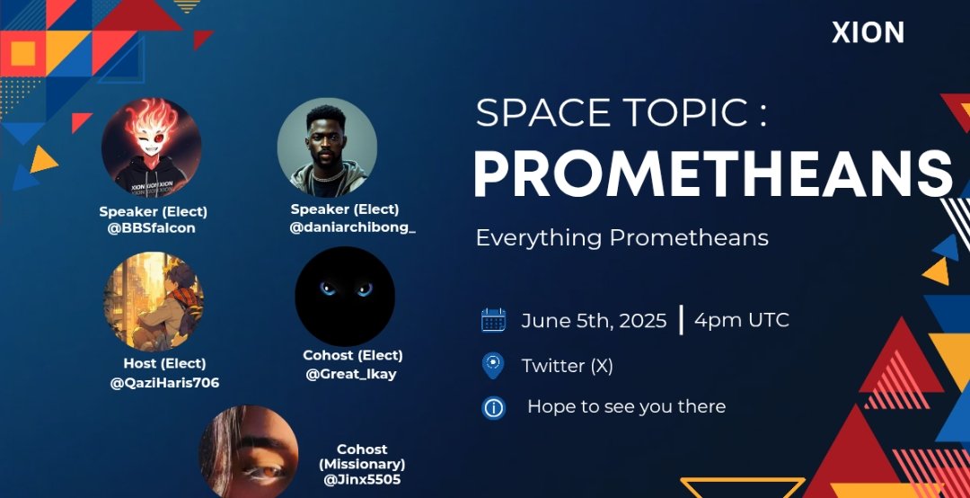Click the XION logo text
[868, 33]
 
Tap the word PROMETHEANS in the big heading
[712, 173]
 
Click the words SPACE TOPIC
[612, 114]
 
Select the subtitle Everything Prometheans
[622, 238]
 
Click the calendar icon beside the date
[493, 320]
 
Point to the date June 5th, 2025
[594, 321]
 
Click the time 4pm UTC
[741, 320]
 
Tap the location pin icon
[493, 365]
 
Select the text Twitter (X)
[567, 366]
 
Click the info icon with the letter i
[493, 407]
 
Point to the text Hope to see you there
[626, 406]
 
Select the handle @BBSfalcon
[152, 228]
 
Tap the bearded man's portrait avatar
[327, 147]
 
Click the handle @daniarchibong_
[352, 227]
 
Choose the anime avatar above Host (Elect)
[154, 301]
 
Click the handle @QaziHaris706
[164, 383]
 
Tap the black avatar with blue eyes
[346, 296]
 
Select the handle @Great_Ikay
[352, 374]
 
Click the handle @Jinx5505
[362, 480]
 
